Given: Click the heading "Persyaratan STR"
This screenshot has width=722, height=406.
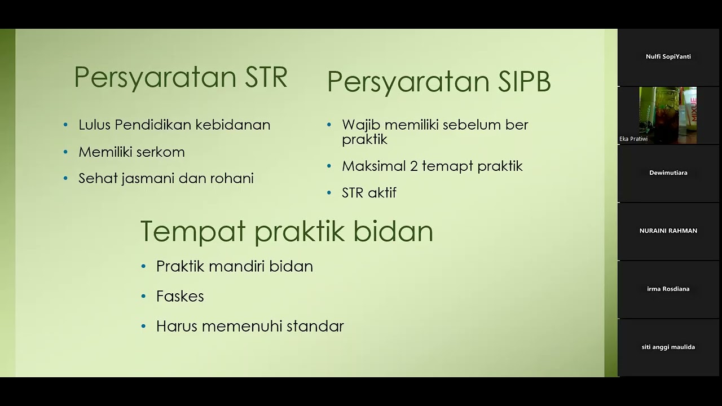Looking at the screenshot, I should (180, 78).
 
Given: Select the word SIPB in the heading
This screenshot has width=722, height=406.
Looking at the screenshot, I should (524, 82).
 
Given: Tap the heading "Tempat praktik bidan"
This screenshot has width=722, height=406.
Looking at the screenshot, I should (287, 232).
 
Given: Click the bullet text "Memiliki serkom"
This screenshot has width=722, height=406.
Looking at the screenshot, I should (131, 152).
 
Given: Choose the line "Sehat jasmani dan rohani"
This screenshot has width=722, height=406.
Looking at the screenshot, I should (166, 178).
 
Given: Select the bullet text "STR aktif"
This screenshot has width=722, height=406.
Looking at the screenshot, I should (369, 193).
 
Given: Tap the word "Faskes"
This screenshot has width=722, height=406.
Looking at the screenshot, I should (180, 296).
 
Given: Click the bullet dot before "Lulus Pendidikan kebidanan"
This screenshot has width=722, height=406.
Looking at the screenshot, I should (66, 125).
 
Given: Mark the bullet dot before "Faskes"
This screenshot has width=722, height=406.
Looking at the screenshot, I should (144, 296).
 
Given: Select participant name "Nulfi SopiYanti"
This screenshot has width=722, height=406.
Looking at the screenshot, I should (668, 56).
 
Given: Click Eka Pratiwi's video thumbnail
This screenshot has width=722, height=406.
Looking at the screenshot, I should (668, 115).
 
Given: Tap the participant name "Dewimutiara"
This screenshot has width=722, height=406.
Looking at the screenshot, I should (668, 173).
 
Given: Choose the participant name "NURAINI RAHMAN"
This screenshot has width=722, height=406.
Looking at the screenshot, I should (668, 231).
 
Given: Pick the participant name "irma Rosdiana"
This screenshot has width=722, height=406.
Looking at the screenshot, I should (668, 289).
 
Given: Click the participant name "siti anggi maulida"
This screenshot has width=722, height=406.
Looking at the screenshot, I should (668, 347).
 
